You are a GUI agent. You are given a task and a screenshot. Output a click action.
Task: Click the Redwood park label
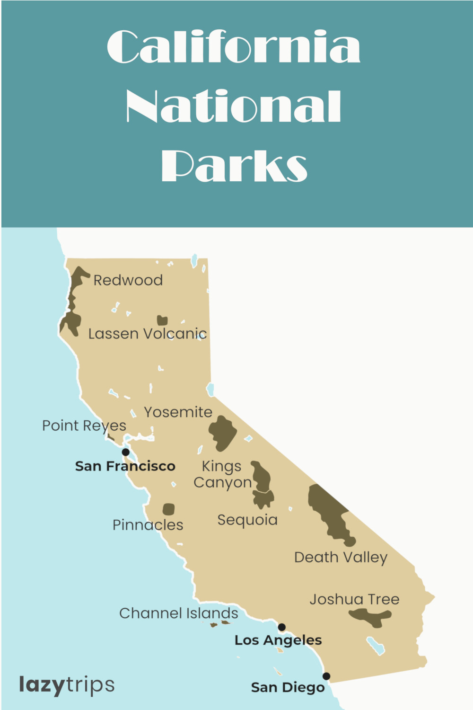(x=128, y=280)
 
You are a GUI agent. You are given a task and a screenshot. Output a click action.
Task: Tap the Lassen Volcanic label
(x=148, y=334)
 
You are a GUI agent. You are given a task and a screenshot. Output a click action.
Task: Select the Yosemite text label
(x=178, y=412)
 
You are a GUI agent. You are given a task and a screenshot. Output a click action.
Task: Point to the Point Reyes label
(x=84, y=426)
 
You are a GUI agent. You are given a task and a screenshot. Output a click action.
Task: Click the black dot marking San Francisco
(x=125, y=452)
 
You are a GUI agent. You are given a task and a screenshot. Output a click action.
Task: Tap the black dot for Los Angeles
(x=281, y=627)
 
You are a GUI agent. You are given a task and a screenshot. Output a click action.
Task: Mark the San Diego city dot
(x=326, y=676)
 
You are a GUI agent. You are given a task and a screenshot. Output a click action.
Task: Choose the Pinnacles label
(x=148, y=525)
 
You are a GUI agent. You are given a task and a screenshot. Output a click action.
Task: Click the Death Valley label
(x=341, y=558)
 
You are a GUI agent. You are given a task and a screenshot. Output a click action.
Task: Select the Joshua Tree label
(x=354, y=599)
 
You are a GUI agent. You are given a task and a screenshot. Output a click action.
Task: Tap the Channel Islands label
(x=178, y=613)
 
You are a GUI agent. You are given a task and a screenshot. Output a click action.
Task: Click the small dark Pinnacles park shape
(x=168, y=509)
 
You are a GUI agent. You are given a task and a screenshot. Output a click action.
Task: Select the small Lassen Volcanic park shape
(x=162, y=320)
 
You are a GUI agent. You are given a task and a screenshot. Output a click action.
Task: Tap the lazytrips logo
(x=67, y=685)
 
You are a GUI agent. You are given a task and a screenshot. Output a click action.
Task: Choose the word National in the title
(x=234, y=106)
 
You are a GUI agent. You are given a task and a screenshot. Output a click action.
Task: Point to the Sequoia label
(x=247, y=520)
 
